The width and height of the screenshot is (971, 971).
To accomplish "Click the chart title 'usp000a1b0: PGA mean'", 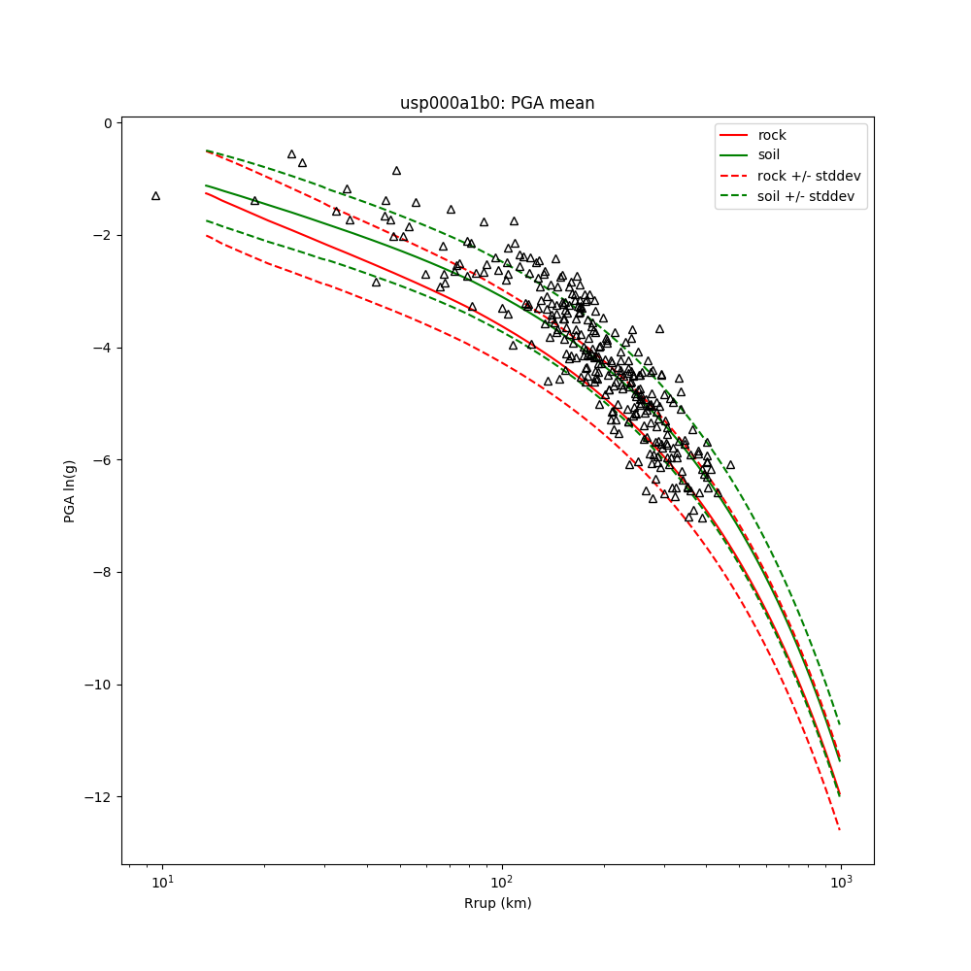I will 497,103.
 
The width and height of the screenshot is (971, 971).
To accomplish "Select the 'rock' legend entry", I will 772,135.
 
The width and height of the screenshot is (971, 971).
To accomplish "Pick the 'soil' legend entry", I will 768,154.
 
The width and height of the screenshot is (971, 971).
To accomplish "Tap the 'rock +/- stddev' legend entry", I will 809,176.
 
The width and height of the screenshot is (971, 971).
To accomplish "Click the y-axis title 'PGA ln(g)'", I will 70,492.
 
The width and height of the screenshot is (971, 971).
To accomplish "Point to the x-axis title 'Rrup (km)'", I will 497,903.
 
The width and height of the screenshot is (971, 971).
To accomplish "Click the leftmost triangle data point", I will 155,196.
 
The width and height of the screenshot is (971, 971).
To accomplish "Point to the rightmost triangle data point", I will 730,465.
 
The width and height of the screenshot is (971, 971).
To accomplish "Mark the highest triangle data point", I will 291,154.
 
